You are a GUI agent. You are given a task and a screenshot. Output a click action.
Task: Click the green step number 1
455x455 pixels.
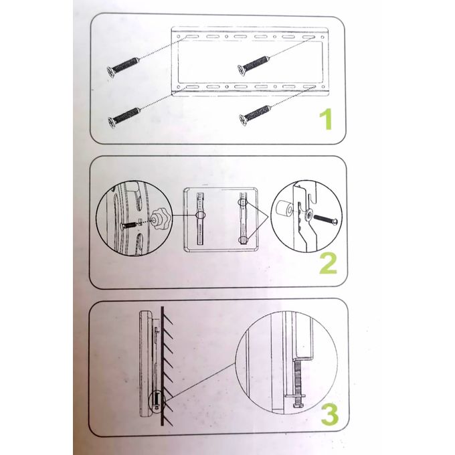click(325, 120)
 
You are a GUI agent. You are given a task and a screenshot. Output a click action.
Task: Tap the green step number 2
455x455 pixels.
click(327, 263)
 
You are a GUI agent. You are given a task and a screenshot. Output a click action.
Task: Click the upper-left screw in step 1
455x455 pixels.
click(123, 67)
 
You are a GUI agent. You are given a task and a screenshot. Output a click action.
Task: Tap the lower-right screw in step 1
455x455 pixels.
click(255, 114)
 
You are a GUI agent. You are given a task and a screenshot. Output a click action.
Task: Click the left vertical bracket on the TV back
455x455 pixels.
click(199, 217)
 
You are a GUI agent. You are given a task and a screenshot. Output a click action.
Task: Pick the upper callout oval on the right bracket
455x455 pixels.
click(244, 201)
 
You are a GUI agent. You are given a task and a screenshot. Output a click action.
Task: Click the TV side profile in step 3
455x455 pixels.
click(144, 361)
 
